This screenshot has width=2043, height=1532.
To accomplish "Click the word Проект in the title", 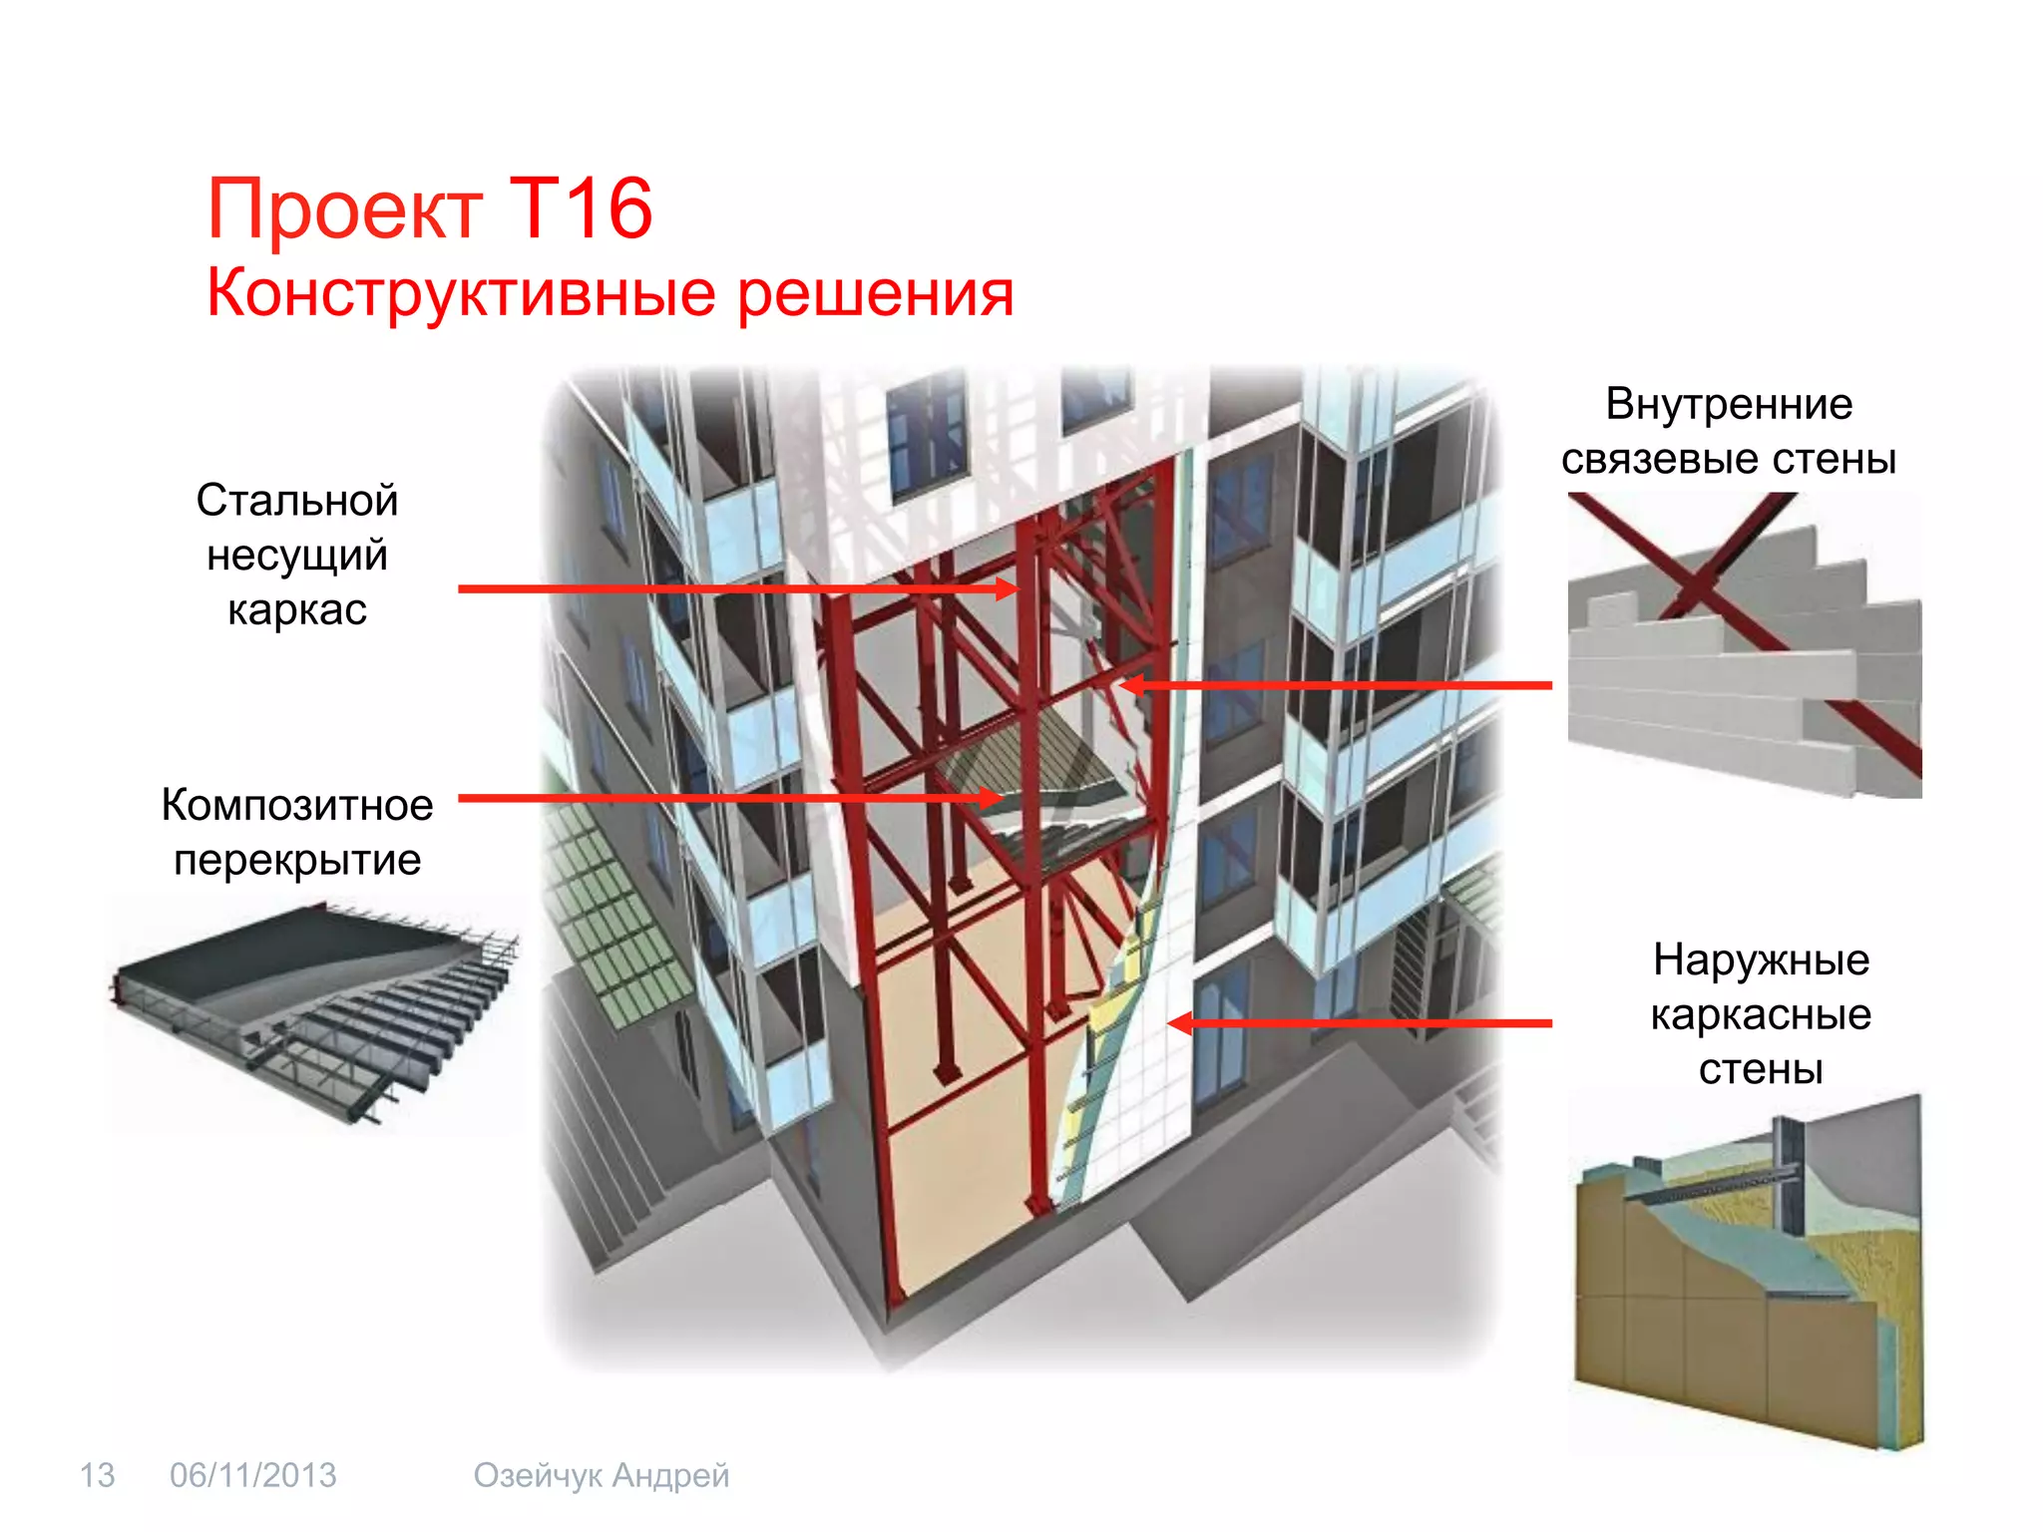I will [344, 211].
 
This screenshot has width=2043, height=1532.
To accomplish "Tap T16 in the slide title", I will [580, 209].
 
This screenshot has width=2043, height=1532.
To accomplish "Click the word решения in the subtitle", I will [875, 295].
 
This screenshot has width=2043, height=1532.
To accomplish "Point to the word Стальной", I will [297, 501].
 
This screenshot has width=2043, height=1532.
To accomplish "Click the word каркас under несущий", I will [297, 609].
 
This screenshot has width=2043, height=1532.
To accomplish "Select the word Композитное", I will [297, 805].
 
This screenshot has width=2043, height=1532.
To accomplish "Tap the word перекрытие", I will [297, 860].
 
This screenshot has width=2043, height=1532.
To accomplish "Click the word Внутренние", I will [1729, 404].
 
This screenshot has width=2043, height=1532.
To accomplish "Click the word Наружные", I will [1761, 959].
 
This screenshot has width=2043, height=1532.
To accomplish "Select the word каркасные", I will [1761, 1014].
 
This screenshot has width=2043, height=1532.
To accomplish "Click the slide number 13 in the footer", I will [97, 1475].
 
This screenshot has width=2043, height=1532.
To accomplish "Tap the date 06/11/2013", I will [253, 1475].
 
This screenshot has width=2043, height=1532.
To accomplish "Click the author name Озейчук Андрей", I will [602, 1475].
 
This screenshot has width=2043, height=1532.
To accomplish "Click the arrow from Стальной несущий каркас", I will [738, 589].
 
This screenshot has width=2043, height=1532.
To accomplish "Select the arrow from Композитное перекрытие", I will [728, 798].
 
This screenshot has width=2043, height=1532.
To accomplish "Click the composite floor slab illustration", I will [314, 1012].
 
